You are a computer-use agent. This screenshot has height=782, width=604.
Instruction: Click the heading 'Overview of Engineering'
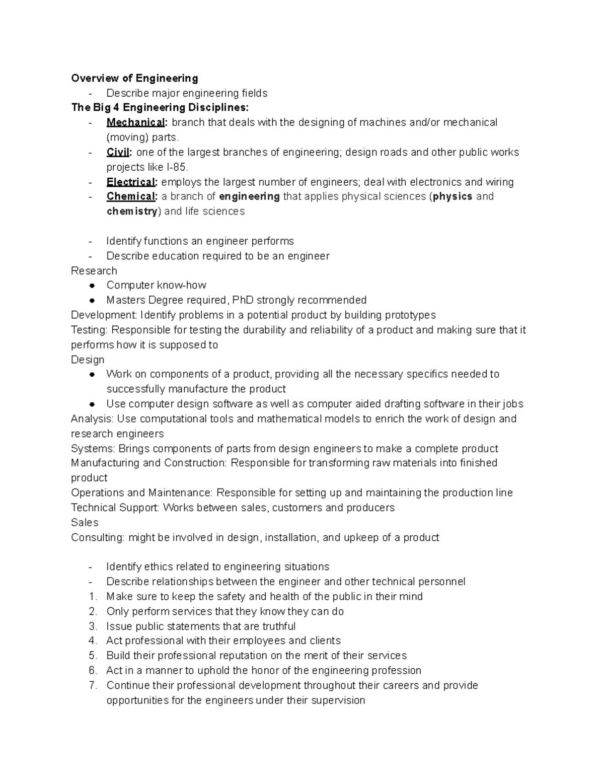point(134,78)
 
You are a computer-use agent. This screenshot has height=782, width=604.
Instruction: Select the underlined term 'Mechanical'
point(135,122)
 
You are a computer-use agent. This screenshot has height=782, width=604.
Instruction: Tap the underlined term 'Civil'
point(118,152)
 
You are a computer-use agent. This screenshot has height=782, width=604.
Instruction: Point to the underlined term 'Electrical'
point(131,182)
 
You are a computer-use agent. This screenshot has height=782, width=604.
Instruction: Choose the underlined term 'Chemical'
point(131,196)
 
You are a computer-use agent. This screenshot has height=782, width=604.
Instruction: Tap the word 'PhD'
point(243,300)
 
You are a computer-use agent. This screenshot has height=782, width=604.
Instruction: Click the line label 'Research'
point(94,271)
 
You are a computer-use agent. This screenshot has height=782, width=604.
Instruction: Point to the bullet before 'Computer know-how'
point(92,286)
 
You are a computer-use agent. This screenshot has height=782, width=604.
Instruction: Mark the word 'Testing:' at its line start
point(90,330)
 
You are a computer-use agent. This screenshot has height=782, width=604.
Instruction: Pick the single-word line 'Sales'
point(85,523)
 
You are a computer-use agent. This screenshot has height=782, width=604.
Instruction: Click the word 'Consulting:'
point(98,537)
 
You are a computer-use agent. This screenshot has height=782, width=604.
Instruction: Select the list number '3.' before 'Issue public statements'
point(93,626)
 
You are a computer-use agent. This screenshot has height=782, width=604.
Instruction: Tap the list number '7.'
point(93,685)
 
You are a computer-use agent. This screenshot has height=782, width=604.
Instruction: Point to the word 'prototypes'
point(410,315)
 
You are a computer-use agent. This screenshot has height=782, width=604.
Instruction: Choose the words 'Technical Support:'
point(115,508)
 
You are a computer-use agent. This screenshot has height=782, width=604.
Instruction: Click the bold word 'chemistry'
point(132,211)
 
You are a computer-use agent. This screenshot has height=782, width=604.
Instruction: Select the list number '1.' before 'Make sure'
point(93,597)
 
